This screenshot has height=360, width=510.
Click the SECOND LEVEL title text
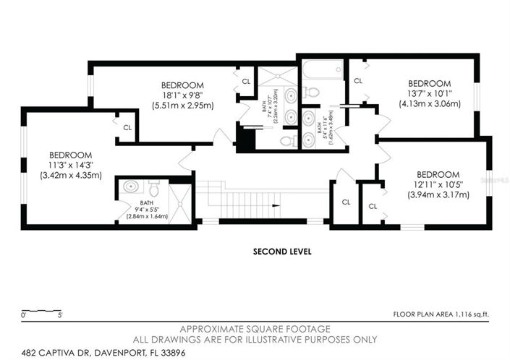281,252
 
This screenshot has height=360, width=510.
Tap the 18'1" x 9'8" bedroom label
182,95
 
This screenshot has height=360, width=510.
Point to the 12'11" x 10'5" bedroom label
438,184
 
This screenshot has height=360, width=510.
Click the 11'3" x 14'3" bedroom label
70,165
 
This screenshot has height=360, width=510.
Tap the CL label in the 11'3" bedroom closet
127,128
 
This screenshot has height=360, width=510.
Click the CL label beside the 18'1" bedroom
246,82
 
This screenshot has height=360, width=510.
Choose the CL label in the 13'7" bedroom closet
357,81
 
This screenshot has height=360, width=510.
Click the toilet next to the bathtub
310,92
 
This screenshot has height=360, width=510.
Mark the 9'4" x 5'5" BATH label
148,207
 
